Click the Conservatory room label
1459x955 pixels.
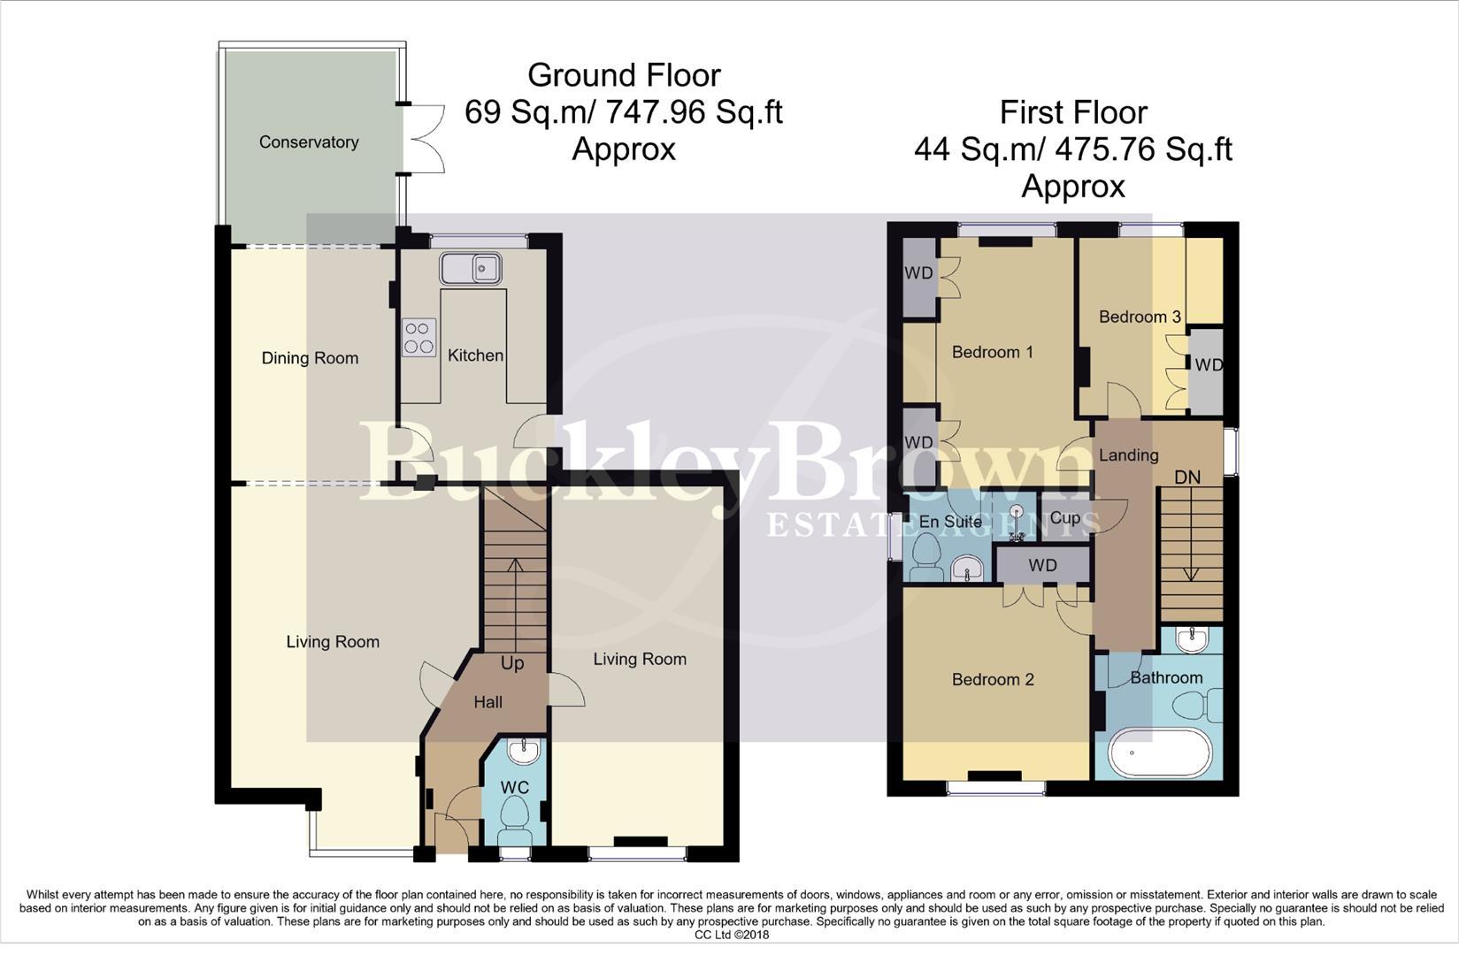308,142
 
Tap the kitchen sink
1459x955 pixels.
470,267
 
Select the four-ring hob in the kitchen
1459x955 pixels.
419,337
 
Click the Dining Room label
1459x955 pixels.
310,358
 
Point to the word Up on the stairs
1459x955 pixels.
512,663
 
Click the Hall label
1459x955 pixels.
488,702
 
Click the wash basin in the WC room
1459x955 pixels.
523,752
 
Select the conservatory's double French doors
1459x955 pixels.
426,140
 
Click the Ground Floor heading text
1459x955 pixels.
624,75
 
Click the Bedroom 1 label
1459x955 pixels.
992,352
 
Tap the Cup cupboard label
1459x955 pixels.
1064,518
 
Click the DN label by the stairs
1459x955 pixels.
1186,477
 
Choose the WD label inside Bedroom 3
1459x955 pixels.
1208,364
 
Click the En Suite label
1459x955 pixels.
950,522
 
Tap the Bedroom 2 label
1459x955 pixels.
992,679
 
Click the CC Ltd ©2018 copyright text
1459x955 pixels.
732,935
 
